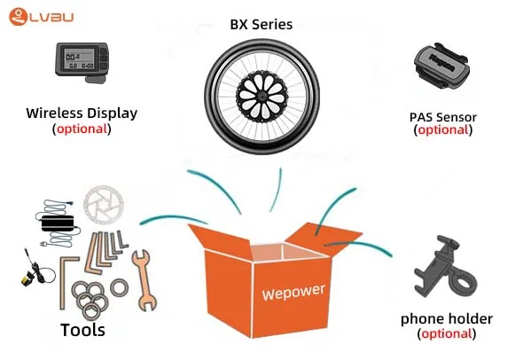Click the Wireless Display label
pyautogui.click(x=82, y=113)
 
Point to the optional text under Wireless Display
pyautogui.click(x=82, y=128)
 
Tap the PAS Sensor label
pyautogui.click(x=442, y=116)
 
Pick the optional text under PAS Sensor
pyautogui.click(x=443, y=129)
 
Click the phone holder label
pyautogui.click(x=447, y=318)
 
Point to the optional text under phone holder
pyautogui.click(x=447, y=333)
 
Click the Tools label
pyautogui.click(x=82, y=330)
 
